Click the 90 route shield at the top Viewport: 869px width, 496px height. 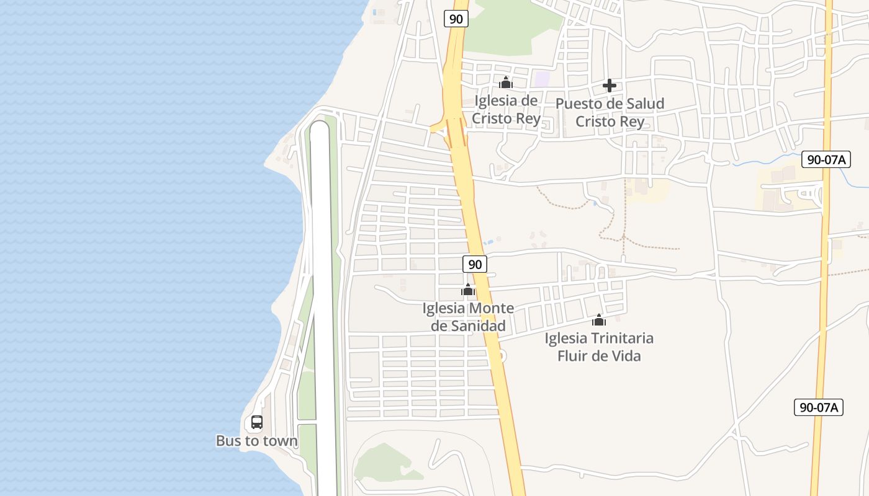[456, 19]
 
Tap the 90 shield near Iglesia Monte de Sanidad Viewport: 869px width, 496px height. [475, 264]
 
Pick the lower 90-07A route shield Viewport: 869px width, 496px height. [819, 407]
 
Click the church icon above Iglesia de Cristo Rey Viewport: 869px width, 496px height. [506, 82]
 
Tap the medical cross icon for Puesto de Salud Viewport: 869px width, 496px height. [610, 86]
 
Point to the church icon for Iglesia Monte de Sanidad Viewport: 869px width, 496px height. [468, 290]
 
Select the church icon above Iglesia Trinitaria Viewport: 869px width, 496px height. [599, 320]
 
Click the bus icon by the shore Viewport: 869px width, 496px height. [257, 422]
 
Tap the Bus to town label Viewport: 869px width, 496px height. [256, 441]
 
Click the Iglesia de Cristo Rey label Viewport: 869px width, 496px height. [506, 109]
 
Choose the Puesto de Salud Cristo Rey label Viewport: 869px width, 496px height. [610, 112]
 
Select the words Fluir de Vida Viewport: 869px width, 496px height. [599, 356]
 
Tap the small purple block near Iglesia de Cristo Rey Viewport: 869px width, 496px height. [543, 79]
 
